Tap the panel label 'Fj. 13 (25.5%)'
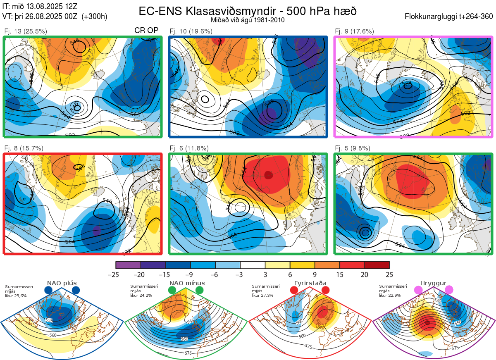(x=25, y=31)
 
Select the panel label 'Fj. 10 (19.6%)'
(x=191, y=31)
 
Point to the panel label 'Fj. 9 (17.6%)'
(x=354, y=31)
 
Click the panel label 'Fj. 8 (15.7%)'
(x=24, y=148)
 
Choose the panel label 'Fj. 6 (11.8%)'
(x=189, y=148)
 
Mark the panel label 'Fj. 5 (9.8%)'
(x=353, y=148)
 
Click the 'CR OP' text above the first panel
(x=146, y=31)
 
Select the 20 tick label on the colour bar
(x=365, y=274)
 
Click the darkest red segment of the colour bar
(x=377, y=265)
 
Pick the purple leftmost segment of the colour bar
(x=128, y=265)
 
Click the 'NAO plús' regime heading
(x=62, y=283)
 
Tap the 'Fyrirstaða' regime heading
(x=310, y=283)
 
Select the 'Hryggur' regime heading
(x=434, y=283)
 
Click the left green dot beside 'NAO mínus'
(x=172, y=291)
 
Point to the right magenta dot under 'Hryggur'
(x=448, y=291)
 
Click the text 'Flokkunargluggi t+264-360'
(x=449, y=17)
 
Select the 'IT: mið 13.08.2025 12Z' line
(x=39, y=7)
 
